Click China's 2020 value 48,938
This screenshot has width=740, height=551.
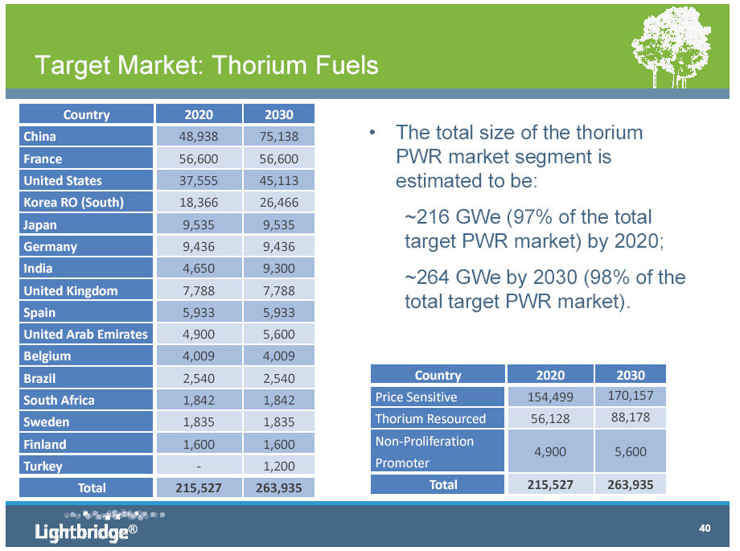point(198,137)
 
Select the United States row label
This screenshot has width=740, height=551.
point(63,181)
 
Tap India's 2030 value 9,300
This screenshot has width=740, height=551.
point(279,268)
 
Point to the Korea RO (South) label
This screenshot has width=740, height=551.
point(74,203)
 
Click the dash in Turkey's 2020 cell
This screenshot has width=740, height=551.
point(199,467)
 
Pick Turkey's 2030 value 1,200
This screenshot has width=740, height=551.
point(279,466)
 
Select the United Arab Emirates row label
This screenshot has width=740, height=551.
point(85,335)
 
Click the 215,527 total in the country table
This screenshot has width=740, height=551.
point(198,487)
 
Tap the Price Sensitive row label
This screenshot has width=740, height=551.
point(416,397)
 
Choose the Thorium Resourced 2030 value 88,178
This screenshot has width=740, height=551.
point(631,417)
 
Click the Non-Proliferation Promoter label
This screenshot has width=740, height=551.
point(424,452)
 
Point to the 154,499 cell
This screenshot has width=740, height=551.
point(550,397)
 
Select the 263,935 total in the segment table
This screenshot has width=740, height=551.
point(631,485)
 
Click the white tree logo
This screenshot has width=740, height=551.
point(672,47)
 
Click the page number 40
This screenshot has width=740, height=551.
point(705,528)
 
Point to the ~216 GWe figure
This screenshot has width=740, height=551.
point(453,217)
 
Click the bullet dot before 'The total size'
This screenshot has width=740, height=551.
point(372,133)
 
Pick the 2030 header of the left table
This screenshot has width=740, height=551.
point(279,115)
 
